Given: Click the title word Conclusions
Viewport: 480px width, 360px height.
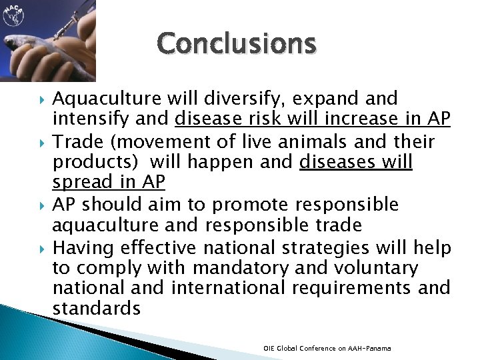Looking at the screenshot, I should point(237,44).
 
